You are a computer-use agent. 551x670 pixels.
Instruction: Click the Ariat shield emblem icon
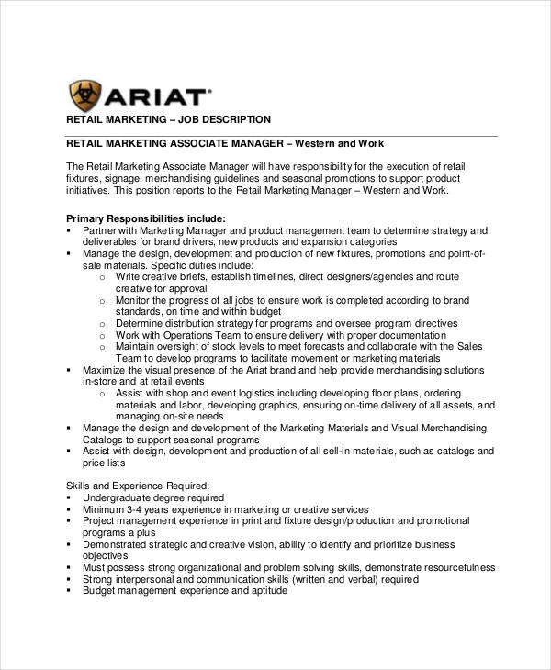click(x=86, y=96)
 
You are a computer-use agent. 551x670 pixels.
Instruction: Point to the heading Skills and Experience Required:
click(x=139, y=485)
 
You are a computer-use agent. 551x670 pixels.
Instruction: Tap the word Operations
click(x=188, y=335)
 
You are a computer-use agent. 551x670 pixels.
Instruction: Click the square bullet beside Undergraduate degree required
click(x=71, y=497)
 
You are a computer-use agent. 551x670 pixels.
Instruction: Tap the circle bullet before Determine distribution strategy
click(x=103, y=323)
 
